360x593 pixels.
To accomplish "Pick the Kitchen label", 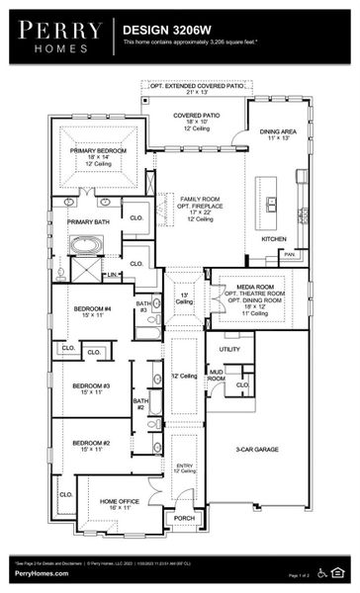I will [274, 238].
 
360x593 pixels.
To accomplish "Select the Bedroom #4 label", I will [94, 309].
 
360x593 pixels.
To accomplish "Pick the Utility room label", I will [229, 349].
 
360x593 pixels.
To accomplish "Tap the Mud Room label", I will [216, 375].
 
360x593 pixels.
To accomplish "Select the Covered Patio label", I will [197, 116].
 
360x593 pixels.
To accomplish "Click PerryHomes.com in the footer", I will [37, 574].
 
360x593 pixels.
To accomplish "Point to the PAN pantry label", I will [288, 254].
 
